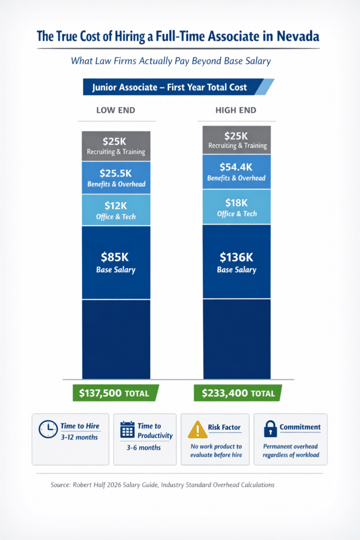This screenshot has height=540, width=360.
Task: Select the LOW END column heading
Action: point(115,111)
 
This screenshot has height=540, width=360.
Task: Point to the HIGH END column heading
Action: point(236,111)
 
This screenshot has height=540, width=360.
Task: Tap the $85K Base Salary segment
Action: point(116,263)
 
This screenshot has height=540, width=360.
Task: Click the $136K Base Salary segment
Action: point(237,262)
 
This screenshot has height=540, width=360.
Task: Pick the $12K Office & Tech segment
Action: point(116,209)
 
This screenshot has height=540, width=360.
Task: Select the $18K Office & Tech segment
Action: point(237,207)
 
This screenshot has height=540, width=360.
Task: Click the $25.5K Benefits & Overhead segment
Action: point(116,178)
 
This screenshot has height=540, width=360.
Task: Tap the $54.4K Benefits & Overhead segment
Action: point(237,172)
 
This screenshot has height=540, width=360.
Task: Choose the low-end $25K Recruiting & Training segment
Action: point(116,146)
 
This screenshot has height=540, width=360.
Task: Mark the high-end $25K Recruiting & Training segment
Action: point(237,140)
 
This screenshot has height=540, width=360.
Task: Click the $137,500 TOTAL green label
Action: point(114,393)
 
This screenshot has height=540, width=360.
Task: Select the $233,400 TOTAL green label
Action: point(237,393)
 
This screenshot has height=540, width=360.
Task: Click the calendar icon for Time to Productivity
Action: point(127,430)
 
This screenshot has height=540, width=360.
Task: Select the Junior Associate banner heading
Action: point(169,87)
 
